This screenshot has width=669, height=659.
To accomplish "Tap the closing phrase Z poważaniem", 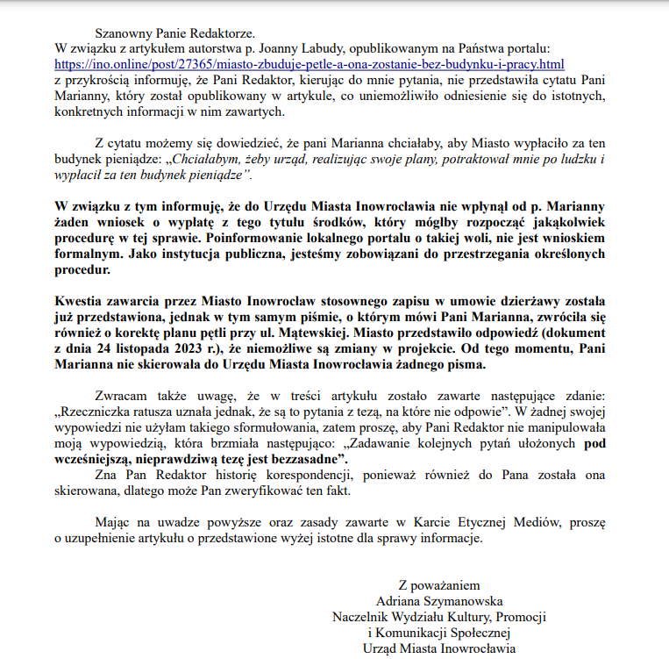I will pos(438,584).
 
